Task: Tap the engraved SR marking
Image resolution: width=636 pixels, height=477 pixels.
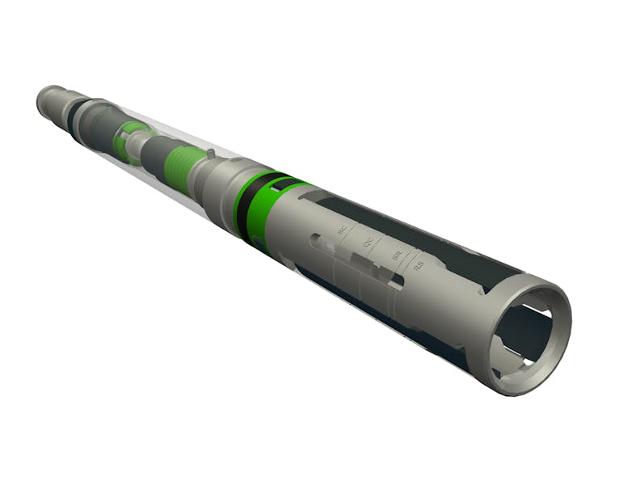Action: pos(396,255)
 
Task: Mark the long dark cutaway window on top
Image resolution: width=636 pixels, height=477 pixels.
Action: pos(420,226)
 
